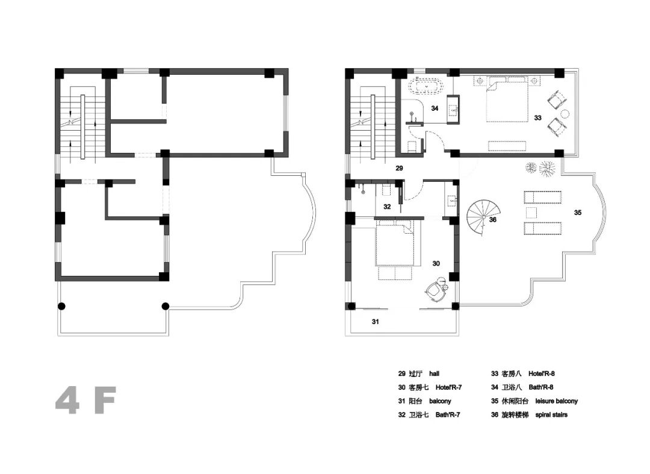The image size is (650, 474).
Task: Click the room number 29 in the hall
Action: pyautogui.click(x=399, y=169)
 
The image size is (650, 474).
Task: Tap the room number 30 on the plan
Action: pyautogui.click(x=436, y=263)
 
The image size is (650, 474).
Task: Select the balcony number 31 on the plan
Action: pyautogui.click(x=375, y=322)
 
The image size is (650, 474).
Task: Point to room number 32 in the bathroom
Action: pyautogui.click(x=387, y=207)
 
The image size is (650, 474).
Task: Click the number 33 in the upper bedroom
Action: pyautogui.click(x=537, y=118)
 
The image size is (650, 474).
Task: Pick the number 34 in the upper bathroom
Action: pyautogui.click(x=435, y=108)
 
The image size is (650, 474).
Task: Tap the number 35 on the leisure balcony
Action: pyautogui.click(x=577, y=213)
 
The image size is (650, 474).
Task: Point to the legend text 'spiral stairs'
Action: pyautogui.click(x=551, y=415)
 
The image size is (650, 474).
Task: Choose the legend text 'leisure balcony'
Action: pyautogui.click(x=556, y=401)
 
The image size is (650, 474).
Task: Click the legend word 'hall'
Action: pyautogui.click(x=434, y=373)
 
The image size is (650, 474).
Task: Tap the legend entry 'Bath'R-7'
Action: pyautogui.click(x=448, y=415)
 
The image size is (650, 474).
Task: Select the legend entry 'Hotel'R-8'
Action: pyautogui.click(x=542, y=373)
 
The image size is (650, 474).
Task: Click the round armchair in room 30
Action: pyautogui.click(x=435, y=292)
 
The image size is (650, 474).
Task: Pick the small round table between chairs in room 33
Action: pyautogui.click(x=564, y=113)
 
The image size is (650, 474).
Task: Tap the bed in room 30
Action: pyautogui.click(x=395, y=243)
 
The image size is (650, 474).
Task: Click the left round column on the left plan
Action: pyautogui.click(x=61, y=307)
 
